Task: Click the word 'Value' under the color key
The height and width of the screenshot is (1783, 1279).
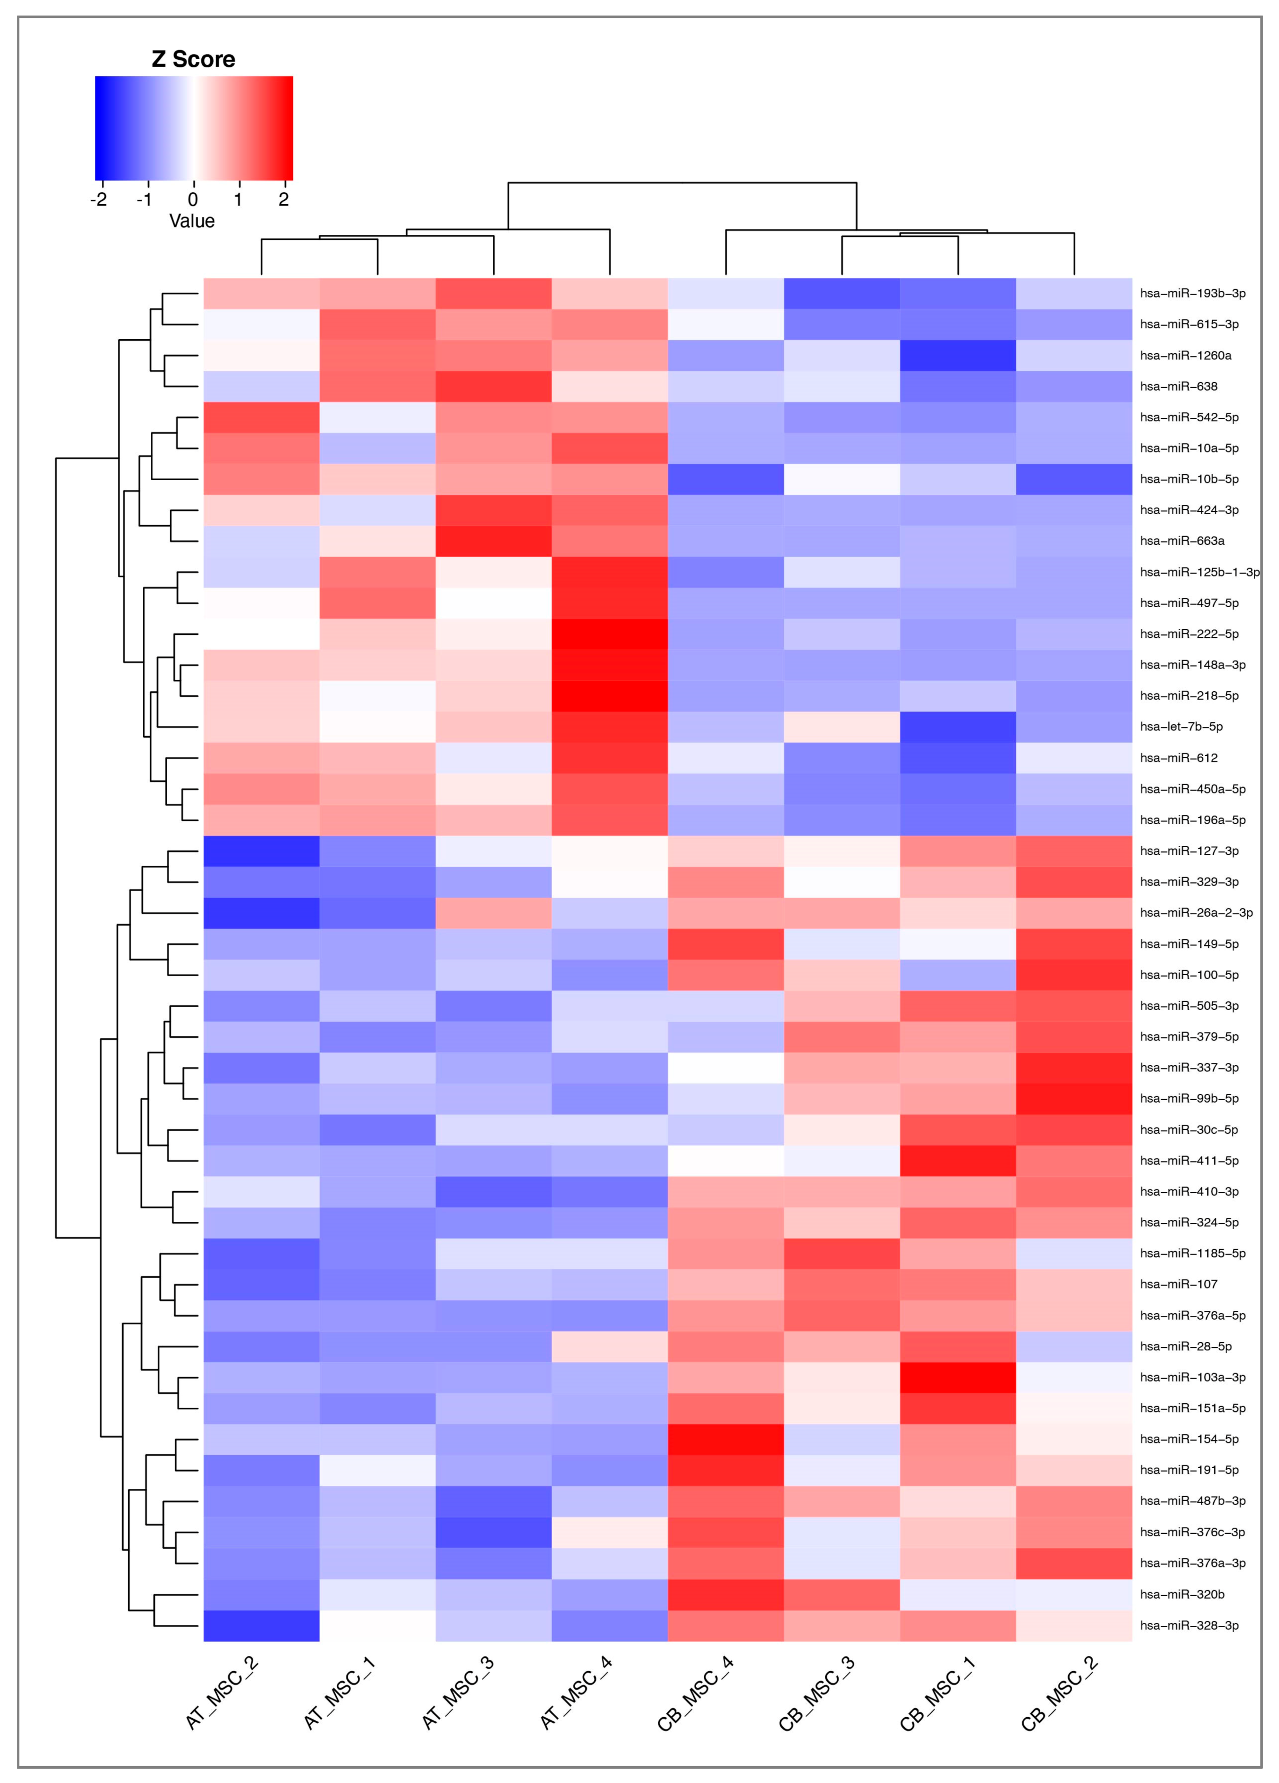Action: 192,221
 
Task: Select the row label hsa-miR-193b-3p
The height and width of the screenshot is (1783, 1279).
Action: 1192,293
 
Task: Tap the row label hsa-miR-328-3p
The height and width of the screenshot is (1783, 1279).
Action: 1188,1625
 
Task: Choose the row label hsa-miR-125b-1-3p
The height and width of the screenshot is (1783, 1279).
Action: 1199,572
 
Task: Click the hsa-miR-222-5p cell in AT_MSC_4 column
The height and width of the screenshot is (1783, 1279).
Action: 610,633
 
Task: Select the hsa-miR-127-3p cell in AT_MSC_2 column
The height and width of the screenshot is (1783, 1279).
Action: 261,850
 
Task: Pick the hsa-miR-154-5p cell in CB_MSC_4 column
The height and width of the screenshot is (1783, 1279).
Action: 725,1439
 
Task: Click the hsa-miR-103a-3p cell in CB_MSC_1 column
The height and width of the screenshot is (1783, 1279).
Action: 957,1377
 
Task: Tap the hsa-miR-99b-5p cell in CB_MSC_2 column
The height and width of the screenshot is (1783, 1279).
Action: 1074,1098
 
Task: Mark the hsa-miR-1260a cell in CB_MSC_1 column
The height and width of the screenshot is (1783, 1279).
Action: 957,356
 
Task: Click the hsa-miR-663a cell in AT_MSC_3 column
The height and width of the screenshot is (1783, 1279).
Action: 493,541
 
